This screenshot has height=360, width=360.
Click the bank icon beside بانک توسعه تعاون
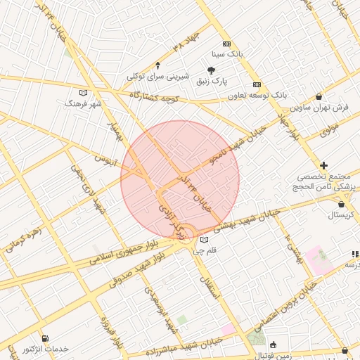pos(257,82)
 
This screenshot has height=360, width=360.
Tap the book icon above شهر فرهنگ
pos(84,92)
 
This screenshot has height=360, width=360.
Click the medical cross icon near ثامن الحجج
pos(323,165)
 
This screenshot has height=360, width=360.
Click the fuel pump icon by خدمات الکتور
pos(46,338)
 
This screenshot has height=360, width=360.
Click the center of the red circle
pos(180,180)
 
